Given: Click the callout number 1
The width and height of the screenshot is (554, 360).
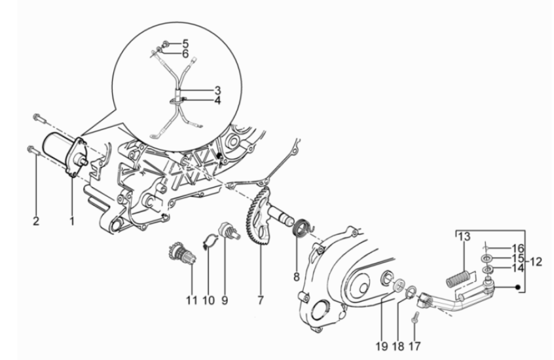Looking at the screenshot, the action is click(x=72, y=222).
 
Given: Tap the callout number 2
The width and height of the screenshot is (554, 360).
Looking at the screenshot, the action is click(x=36, y=222).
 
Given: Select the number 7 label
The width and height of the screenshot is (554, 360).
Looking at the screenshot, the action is click(x=261, y=301).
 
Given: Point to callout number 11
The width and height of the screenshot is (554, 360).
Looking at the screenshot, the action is click(x=192, y=301).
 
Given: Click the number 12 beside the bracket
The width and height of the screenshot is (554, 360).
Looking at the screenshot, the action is click(x=536, y=262).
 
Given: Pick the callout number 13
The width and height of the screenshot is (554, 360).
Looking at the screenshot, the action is click(x=465, y=236).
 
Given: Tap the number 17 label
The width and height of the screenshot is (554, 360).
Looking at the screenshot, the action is click(x=415, y=346).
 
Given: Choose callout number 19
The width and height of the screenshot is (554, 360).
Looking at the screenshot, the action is click(x=382, y=346).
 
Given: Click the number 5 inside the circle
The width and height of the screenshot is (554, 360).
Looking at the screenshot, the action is click(x=186, y=44).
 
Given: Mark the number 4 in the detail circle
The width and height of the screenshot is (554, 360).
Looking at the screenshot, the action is click(x=217, y=101).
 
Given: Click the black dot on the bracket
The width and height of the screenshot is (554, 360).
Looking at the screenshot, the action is click(x=518, y=287).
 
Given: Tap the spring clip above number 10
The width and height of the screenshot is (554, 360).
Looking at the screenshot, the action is click(x=211, y=241).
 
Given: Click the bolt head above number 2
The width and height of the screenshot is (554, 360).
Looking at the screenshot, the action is click(x=31, y=149).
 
